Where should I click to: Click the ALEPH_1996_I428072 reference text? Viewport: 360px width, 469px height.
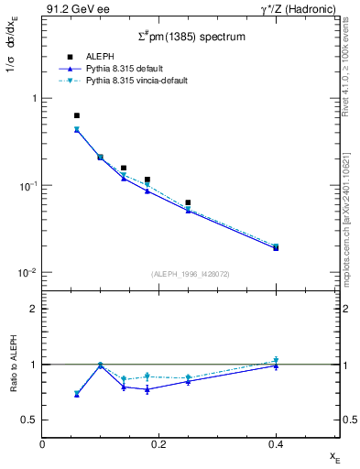pos(191,273)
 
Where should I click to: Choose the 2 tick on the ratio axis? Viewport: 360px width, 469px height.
pos(34,309)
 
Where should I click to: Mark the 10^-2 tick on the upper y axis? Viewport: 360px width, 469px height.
pos(27,273)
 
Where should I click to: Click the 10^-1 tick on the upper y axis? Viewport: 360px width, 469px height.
pos(27,185)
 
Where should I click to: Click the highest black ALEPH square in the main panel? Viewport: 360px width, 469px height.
pos(77,116)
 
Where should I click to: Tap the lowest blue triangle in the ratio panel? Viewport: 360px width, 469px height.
pos(77,395)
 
